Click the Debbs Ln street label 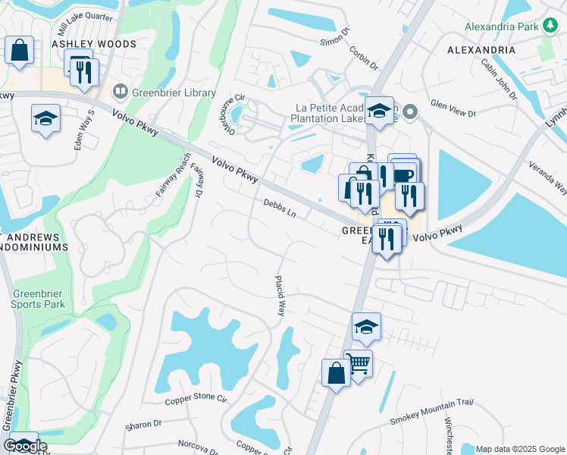click(x=280, y=207)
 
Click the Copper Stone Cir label click(x=196, y=398)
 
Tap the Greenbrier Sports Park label click(x=38, y=299)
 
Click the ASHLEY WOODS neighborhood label click(x=94, y=44)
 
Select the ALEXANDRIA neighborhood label click(x=481, y=50)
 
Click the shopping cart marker click(x=358, y=364)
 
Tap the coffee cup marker click(x=403, y=175)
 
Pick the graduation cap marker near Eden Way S click(x=45, y=118)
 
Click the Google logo click(x=25, y=446)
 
